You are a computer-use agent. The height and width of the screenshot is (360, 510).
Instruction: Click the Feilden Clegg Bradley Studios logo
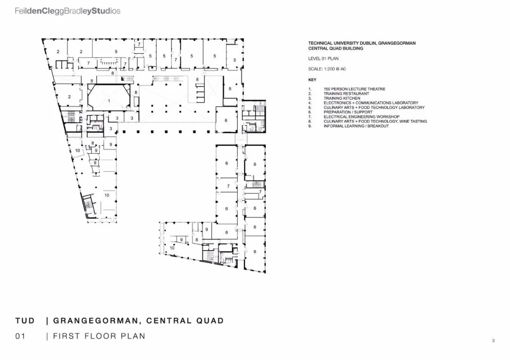pos(68,10)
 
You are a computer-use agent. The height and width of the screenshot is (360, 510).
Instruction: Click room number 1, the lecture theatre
pos(109,100)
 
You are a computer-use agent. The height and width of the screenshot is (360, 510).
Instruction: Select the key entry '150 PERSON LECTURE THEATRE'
pos(354,89)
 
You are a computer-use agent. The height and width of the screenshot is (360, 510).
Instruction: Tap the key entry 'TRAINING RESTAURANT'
pos(346,93)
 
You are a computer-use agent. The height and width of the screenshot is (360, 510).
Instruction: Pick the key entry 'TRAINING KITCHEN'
pos(342,98)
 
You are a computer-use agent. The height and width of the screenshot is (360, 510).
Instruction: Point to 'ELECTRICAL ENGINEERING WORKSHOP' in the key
pos(361,117)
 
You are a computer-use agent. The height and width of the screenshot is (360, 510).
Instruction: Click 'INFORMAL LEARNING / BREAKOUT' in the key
pos(356,126)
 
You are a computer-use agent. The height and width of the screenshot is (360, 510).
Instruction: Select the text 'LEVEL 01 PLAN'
pos(323,59)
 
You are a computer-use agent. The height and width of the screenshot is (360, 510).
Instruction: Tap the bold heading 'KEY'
pos(313,80)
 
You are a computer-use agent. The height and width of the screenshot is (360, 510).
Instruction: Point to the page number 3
pos(493,341)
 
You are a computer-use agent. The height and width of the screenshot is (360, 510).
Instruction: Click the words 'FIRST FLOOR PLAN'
pos(99,336)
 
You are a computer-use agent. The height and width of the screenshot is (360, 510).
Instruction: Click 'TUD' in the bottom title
pos(25,321)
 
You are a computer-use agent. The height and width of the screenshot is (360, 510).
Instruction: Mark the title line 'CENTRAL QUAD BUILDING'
pos(336,48)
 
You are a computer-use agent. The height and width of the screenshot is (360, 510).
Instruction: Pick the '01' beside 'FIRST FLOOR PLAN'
pos(20,336)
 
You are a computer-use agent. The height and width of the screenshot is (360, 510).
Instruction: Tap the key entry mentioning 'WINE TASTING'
pos(375,121)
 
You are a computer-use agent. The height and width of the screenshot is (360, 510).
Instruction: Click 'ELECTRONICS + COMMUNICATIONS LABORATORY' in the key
pos(371,103)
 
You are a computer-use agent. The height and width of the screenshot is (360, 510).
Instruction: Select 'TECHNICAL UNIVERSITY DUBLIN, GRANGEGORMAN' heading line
pos(362,43)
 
